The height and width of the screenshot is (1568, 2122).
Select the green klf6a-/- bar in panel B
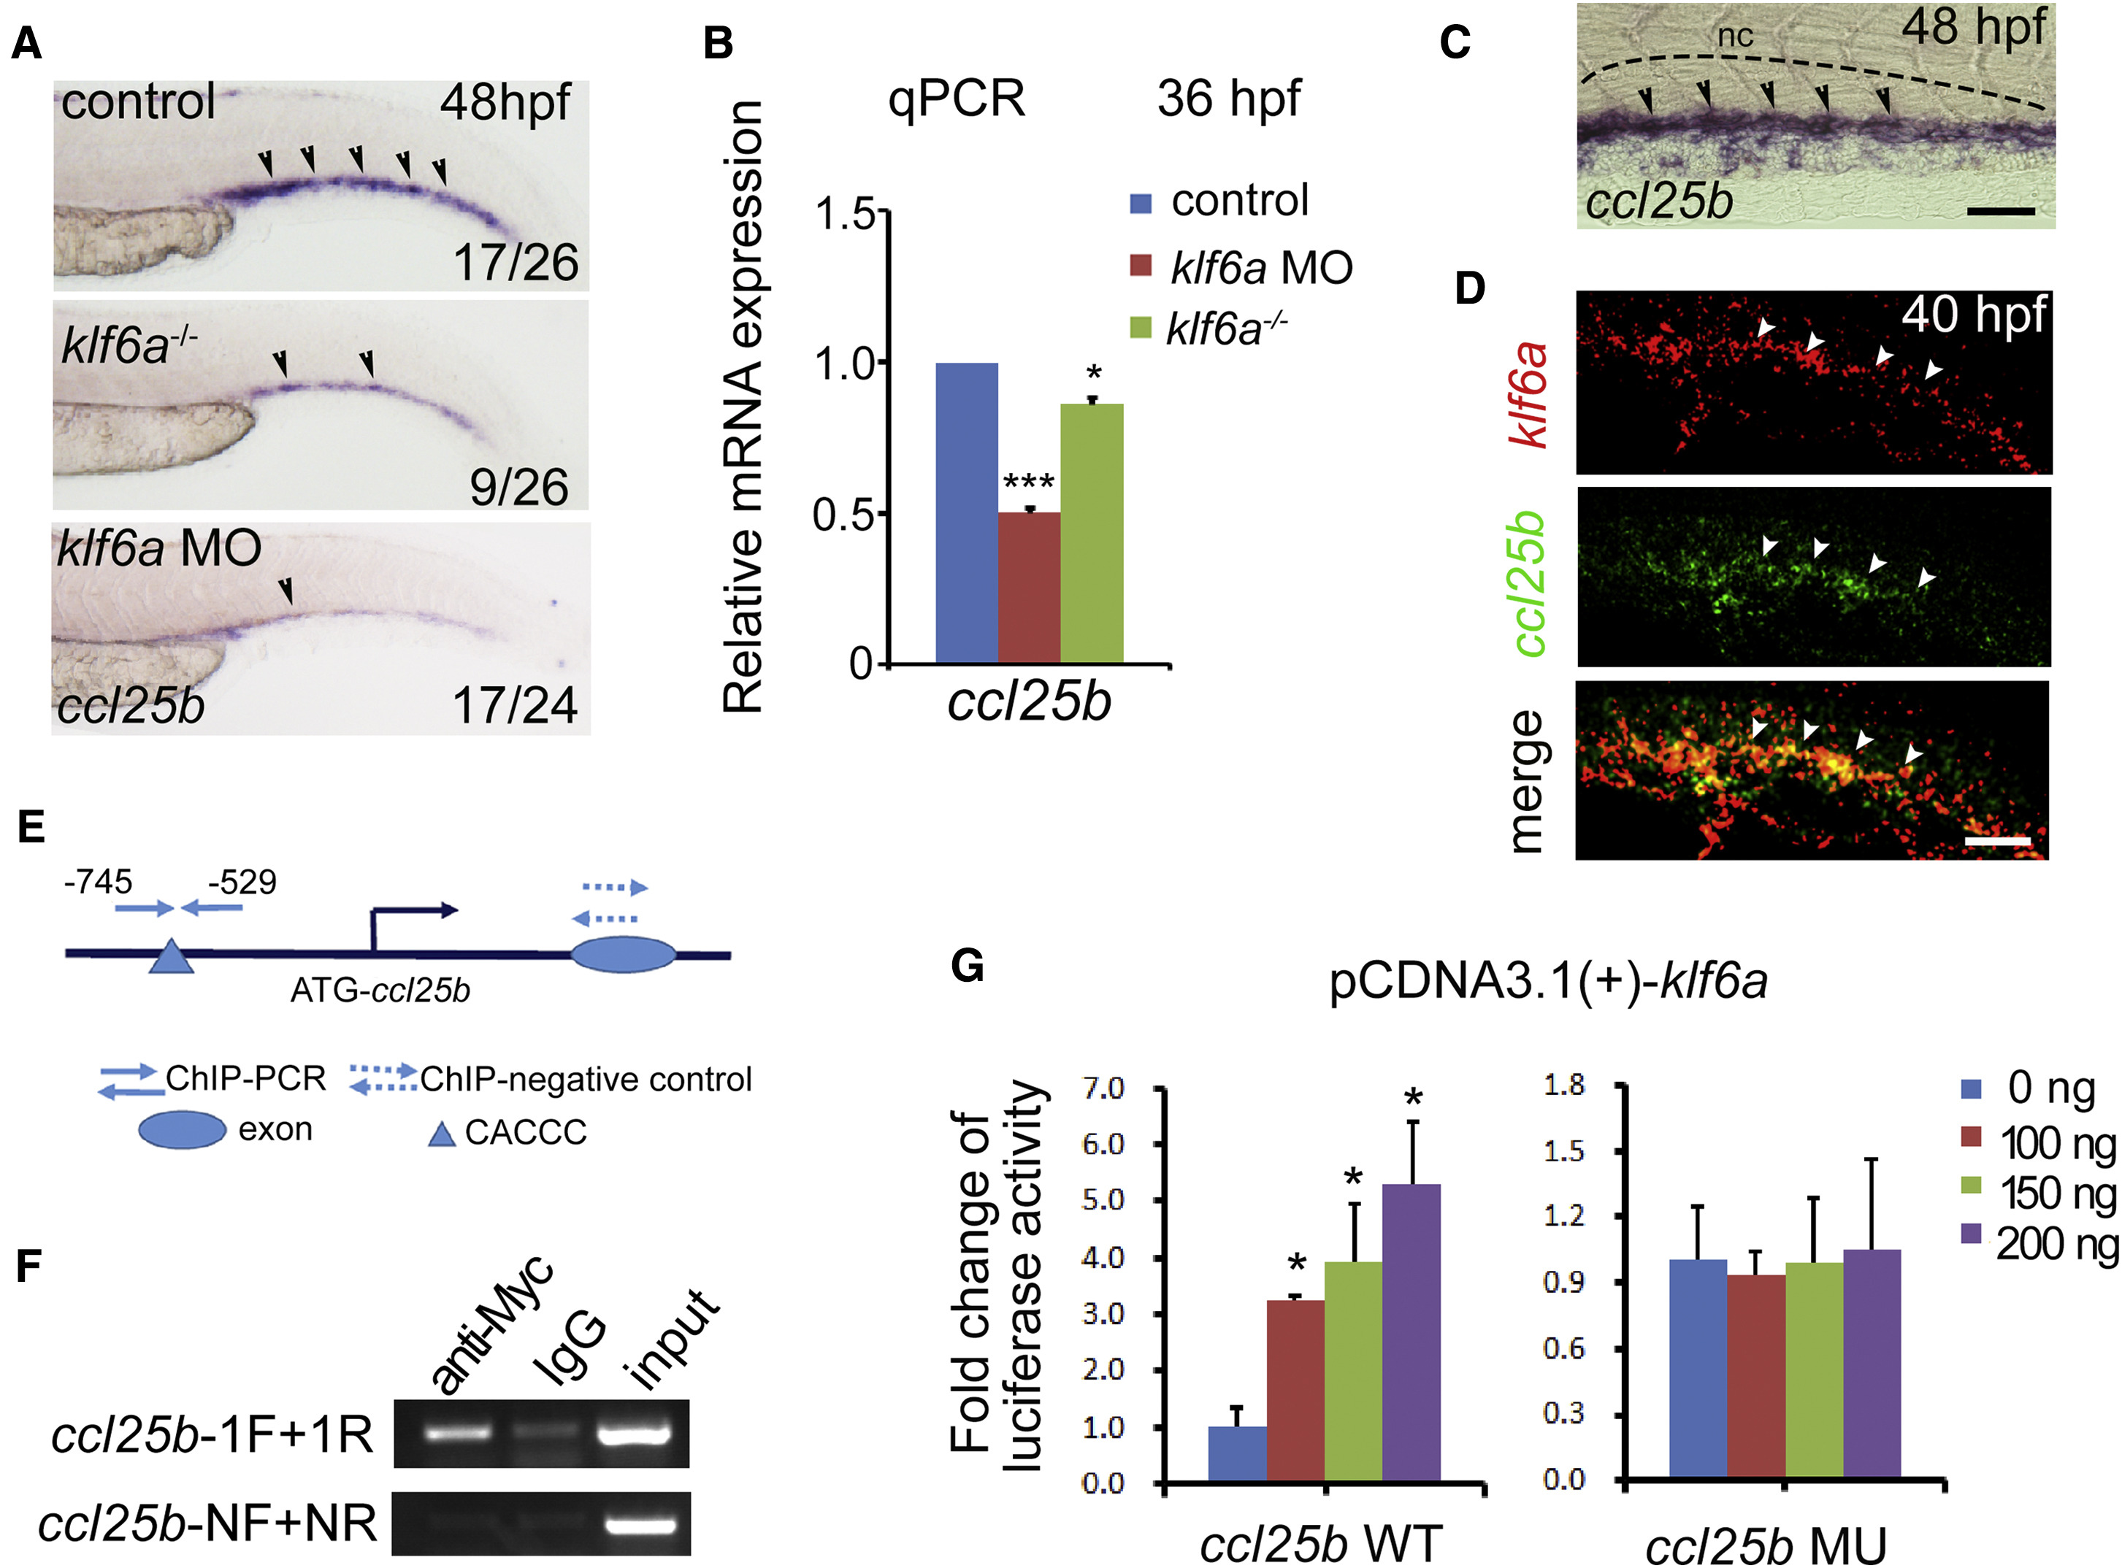tap(1092, 532)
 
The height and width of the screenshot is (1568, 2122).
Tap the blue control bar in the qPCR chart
tap(967, 512)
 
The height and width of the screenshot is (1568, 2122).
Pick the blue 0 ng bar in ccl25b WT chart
tap(1237, 1452)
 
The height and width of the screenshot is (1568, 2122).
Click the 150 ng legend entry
tap(2041, 1194)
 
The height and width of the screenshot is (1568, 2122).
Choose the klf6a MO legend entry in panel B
tap(1244, 269)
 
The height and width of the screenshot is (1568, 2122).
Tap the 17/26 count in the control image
tap(516, 262)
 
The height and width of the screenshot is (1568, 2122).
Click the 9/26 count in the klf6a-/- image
tap(518, 486)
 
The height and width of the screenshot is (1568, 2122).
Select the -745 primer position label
tap(98, 882)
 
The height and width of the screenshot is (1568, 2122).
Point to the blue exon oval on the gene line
tap(623, 955)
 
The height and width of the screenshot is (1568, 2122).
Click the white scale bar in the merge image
tap(1996, 842)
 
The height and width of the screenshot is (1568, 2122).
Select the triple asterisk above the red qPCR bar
tap(1028, 480)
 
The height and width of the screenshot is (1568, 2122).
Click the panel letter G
tap(967, 966)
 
